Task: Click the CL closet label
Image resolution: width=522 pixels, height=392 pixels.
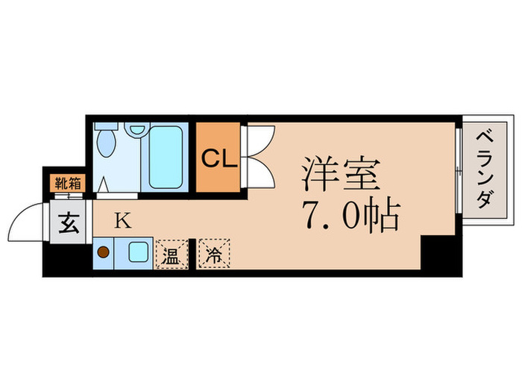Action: point(218,159)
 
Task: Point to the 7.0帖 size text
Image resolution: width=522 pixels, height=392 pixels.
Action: point(350,215)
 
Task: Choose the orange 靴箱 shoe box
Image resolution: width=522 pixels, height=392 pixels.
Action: point(68,181)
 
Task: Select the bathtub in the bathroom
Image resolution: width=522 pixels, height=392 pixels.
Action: point(166,158)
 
